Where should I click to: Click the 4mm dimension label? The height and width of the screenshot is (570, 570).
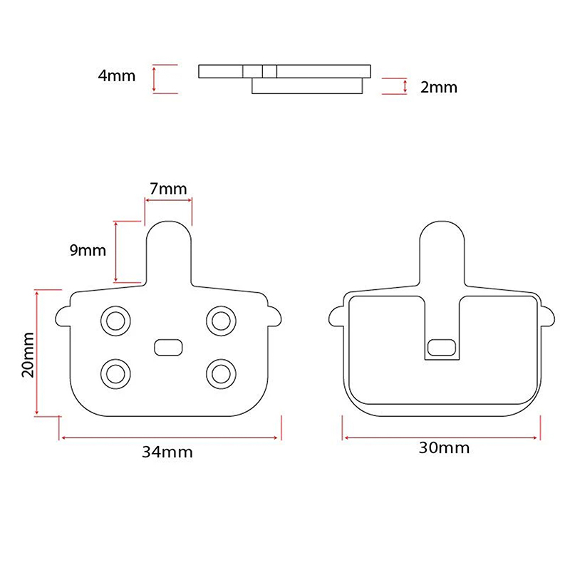[117, 76]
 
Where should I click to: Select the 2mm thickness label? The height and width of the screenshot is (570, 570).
[439, 87]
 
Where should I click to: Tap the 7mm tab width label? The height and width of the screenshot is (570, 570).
[168, 189]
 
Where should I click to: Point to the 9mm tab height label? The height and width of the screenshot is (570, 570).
[88, 250]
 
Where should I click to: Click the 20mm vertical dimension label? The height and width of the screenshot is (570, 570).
[28, 355]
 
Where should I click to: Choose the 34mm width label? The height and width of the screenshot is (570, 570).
[167, 452]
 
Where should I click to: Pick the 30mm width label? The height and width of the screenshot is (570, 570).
[444, 447]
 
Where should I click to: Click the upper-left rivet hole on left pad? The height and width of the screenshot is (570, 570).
[115, 321]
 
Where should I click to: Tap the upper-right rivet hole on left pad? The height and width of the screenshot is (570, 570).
[221, 321]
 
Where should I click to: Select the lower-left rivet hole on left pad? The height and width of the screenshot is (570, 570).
[115, 373]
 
